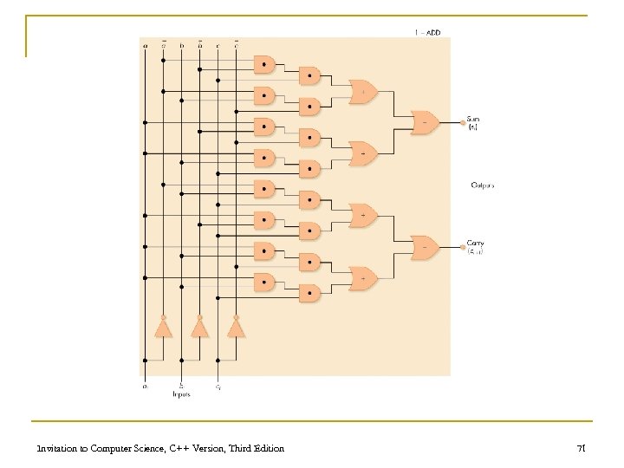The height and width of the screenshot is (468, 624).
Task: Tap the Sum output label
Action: pos(473,120)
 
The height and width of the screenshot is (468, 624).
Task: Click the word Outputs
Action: pos(483,185)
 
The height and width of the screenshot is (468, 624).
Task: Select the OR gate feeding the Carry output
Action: pos(425,246)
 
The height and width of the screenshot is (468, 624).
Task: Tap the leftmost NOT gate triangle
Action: pos(161,328)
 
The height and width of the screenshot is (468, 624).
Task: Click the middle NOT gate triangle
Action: pos(199,328)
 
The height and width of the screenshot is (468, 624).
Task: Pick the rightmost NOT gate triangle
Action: pos(235,328)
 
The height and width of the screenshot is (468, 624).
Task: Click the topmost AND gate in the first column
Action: pos(264,63)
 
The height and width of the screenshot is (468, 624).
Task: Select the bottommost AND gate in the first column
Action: pos(264,282)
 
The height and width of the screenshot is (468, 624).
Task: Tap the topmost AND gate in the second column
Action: pos(309,75)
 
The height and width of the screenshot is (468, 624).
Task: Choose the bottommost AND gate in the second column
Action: pos(309,292)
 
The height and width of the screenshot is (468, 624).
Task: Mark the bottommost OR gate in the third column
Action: pos(363,278)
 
